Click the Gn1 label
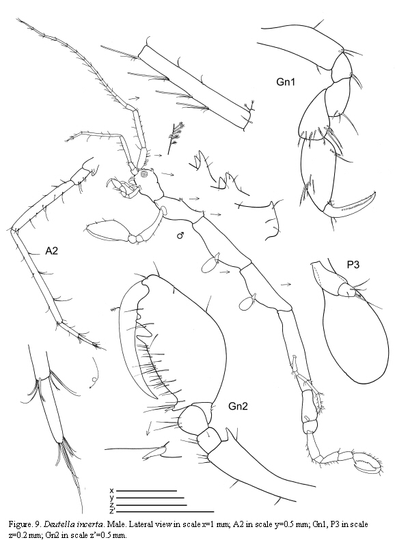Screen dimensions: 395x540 (x=286, y=82)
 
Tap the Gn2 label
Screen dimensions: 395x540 (x=239, y=407)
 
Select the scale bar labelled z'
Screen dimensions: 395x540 (x=166, y=511)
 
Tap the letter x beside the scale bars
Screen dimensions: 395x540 (x=111, y=490)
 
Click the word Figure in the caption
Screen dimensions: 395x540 (x=18, y=525)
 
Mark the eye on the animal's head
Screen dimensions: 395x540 (x=144, y=175)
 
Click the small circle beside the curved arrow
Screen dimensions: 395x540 (x=94, y=380)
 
